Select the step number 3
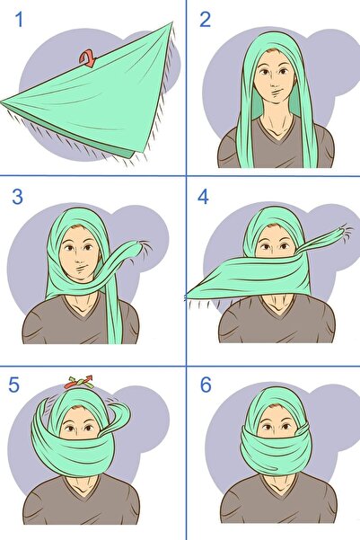(18, 198)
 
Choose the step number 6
(205, 384)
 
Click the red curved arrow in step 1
(88, 59)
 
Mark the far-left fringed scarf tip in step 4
(189, 295)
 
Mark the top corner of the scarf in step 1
(171, 24)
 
